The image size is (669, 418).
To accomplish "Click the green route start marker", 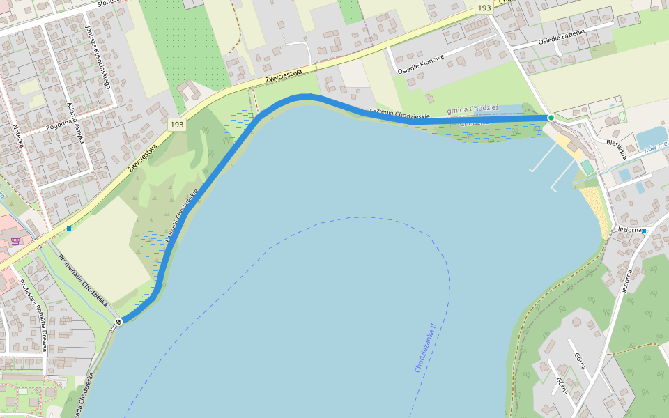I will (x=551, y=118).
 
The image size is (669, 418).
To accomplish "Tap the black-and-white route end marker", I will (x=119, y=321).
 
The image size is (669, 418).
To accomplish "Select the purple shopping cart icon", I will (x=15, y=241).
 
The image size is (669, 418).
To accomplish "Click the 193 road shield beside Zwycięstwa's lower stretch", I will (x=177, y=124).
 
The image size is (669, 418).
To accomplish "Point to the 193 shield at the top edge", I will (x=484, y=7).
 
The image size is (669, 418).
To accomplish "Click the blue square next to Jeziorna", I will (x=645, y=230).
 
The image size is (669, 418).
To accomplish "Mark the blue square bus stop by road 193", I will (x=69, y=228).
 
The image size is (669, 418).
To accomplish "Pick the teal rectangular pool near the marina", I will (x=587, y=167).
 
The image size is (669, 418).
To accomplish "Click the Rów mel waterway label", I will (x=656, y=146).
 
